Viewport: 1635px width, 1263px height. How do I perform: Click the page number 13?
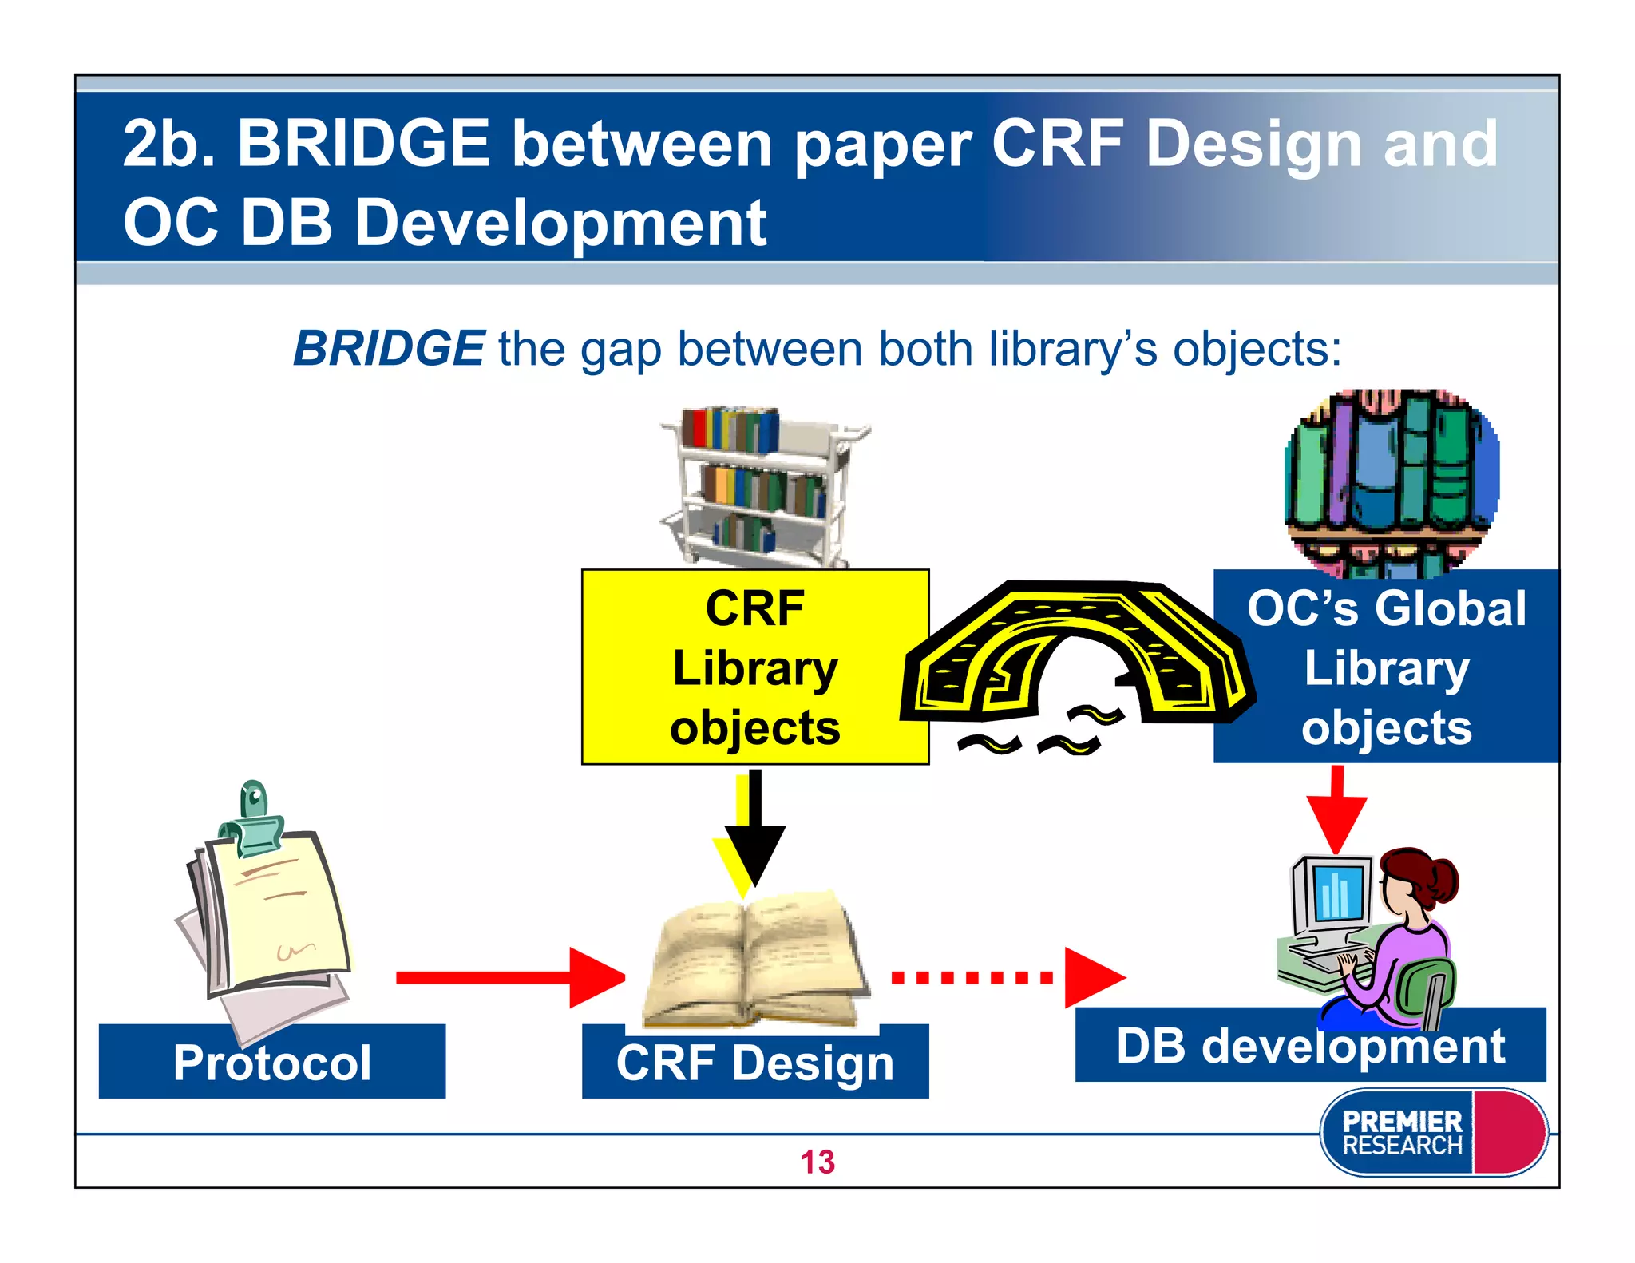(817, 1162)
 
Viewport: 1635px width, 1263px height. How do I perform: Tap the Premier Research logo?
(1432, 1132)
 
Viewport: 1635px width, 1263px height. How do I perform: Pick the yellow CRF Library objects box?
(754, 667)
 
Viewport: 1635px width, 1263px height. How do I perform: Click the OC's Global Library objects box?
(1386, 667)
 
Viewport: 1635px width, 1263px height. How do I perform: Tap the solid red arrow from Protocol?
(511, 977)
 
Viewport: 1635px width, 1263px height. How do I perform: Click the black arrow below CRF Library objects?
(754, 830)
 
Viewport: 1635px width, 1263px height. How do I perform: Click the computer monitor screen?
(1336, 893)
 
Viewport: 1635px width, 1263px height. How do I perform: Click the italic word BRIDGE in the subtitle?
(388, 349)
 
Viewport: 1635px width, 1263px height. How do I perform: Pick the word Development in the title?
(560, 223)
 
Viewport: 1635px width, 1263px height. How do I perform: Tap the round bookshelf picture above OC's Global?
(1391, 482)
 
